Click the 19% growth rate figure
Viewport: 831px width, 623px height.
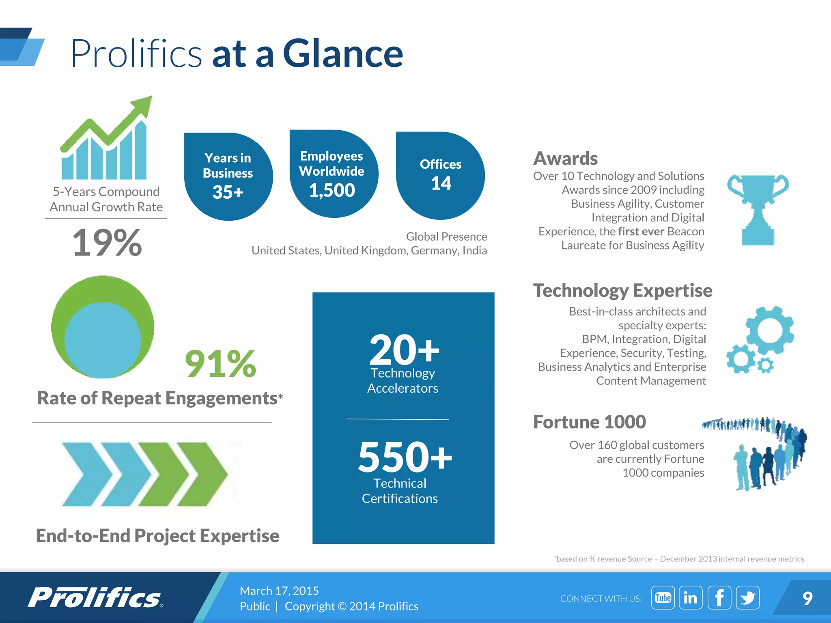click(107, 243)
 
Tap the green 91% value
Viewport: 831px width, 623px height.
click(220, 363)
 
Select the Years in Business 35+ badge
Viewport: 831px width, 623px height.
click(228, 176)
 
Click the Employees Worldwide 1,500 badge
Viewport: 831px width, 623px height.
click(333, 174)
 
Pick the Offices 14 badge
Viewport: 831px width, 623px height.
click(440, 176)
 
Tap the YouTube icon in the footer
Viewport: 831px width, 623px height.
click(663, 597)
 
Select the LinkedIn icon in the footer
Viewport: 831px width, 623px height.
click(691, 597)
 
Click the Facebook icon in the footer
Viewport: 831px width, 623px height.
click(719, 597)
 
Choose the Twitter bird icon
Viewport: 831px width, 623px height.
click(747, 597)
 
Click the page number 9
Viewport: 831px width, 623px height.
click(807, 598)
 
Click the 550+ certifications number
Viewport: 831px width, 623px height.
click(405, 457)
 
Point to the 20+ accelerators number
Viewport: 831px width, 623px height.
click(404, 349)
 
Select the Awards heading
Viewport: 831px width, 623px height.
click(565, 158)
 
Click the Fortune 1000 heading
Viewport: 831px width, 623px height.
click(589, 422)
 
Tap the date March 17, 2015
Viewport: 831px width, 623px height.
click(279, 591)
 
